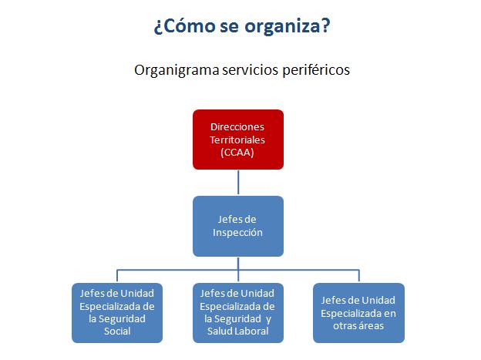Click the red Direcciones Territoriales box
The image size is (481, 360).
[x=238, y=140]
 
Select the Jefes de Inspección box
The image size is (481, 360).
[x=238, y=226]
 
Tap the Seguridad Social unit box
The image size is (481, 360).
[x=117, y=312]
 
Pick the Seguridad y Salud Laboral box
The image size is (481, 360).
[x=238, y=312]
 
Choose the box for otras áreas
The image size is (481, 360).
[x=358, y=312]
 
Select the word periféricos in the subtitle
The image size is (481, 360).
[x=314, y=70]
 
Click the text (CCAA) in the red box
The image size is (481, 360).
[x=237, y=152]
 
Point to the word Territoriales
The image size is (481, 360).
[x=237, y=140]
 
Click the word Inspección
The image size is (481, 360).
[x=238, y=232]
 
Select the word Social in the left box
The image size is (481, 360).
[x=117, y=331]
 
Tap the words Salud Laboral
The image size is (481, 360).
[x=238, y=331]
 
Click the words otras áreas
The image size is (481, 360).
[x=358, y=325]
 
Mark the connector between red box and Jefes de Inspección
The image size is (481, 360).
[x=238, y=183]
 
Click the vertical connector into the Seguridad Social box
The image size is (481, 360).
[x=117, y=276]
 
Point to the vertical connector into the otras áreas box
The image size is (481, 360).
[x=358, y=276]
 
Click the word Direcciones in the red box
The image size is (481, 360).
[x=237, y=127]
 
